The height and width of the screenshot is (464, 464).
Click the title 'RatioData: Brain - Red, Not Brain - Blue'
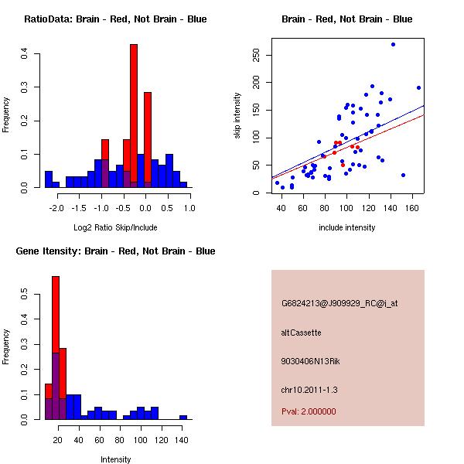pyautogui.click(x=115, y=19)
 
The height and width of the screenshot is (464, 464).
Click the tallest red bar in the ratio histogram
pyautogui.click(x=134, y=116)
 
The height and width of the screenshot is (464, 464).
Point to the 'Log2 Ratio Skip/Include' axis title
pyautogui.click(x=115, y=227)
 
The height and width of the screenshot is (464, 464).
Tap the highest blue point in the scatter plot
pyautogui.click(x=393, y=44)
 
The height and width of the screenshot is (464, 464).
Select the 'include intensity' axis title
pyautogui.click(x=346, y=227)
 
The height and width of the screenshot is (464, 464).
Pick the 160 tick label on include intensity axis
pyautogui.click(x=412, y=208)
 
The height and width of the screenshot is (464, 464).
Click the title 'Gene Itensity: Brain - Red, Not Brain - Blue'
pyautogui.click(x=115, y=251)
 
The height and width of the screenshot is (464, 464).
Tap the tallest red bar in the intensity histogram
pyautogui.click(x=56, y=348)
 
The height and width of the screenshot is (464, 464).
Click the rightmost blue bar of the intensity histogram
pyautogui.click(x=183, y=418)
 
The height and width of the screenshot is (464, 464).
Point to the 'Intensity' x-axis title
pyautogui.click(x=116, y=459)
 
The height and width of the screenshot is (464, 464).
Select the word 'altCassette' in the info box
pyautogui.click(x=302, y=333)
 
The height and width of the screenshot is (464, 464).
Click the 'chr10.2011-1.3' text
pyautogui.click(x=309, y=389)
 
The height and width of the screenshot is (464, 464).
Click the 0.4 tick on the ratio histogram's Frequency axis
pyautogui.click(x=26, y=54)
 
